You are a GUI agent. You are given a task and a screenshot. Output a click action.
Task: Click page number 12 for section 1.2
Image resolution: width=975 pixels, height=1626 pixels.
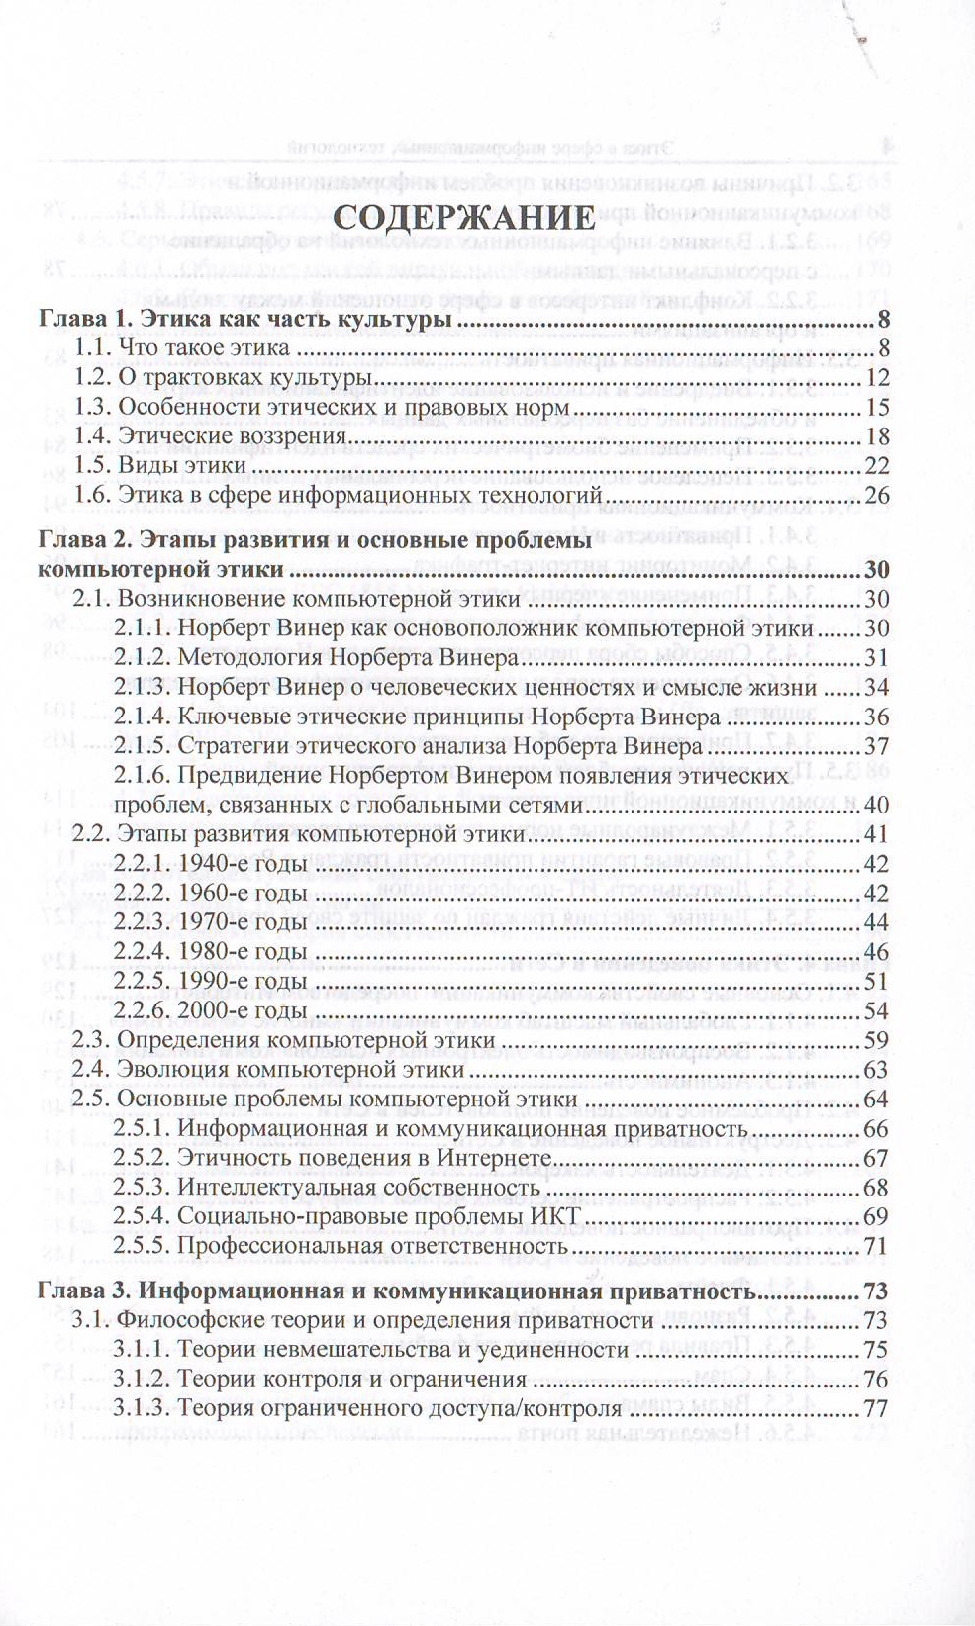(876, 378)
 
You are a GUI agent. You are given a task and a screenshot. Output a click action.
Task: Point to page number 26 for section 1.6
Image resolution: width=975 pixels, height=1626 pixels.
(876, 495)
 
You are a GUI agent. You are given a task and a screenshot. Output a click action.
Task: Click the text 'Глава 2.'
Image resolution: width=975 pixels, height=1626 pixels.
(83, 540)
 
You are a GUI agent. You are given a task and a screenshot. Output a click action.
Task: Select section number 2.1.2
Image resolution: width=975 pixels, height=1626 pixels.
(142, 657)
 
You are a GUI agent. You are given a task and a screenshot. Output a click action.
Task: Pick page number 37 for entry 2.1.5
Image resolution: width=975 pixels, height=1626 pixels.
(876, 746)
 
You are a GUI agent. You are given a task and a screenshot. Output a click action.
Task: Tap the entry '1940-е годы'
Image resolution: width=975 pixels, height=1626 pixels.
(242, 864)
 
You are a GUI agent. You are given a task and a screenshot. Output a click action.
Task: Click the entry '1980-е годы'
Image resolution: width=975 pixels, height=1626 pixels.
(242, 952)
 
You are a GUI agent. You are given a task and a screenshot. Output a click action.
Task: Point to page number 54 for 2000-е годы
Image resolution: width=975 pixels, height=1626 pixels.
(876, 1010)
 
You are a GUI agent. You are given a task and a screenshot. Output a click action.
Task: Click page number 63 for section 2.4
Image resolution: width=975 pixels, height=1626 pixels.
(876, 1070)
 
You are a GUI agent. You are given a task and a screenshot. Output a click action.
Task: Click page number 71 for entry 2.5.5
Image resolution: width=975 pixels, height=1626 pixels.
(876, 1246)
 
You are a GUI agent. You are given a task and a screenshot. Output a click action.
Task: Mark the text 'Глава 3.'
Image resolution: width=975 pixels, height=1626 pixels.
(83, 1291)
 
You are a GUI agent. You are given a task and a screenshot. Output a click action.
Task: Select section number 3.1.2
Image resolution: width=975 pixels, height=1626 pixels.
(142, 1380)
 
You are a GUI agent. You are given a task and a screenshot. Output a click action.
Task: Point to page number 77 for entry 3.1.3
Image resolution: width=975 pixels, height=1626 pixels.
(876, 1409)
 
